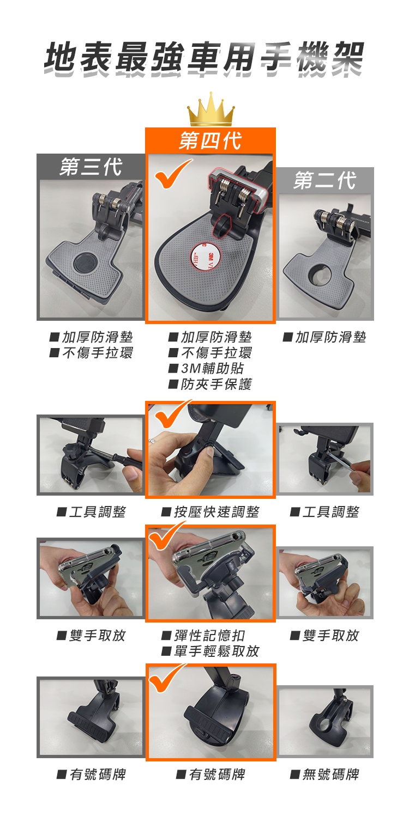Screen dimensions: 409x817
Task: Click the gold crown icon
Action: [x=210, y=109]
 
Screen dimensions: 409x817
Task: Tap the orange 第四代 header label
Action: [x=210, y=141]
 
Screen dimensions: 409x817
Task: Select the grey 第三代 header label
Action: [x=91, y=167]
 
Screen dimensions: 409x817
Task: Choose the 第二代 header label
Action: [x=324, y=180]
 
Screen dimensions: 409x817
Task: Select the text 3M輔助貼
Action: [x=212, y=368]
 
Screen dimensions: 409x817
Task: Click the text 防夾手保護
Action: [x=216, y=384]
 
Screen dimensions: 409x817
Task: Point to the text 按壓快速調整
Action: [x=216, y=512]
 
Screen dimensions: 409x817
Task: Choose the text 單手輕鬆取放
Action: [x=216, y=651]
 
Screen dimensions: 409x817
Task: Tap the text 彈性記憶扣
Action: [x=209, y=636]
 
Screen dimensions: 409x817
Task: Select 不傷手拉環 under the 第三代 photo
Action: [x=98, y=353]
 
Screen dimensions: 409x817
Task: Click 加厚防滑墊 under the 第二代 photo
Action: [x=330, y=337]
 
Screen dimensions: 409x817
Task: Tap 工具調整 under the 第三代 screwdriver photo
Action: [x=98, y=512]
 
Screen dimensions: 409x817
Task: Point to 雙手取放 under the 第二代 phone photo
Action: [x=331, y=636]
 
